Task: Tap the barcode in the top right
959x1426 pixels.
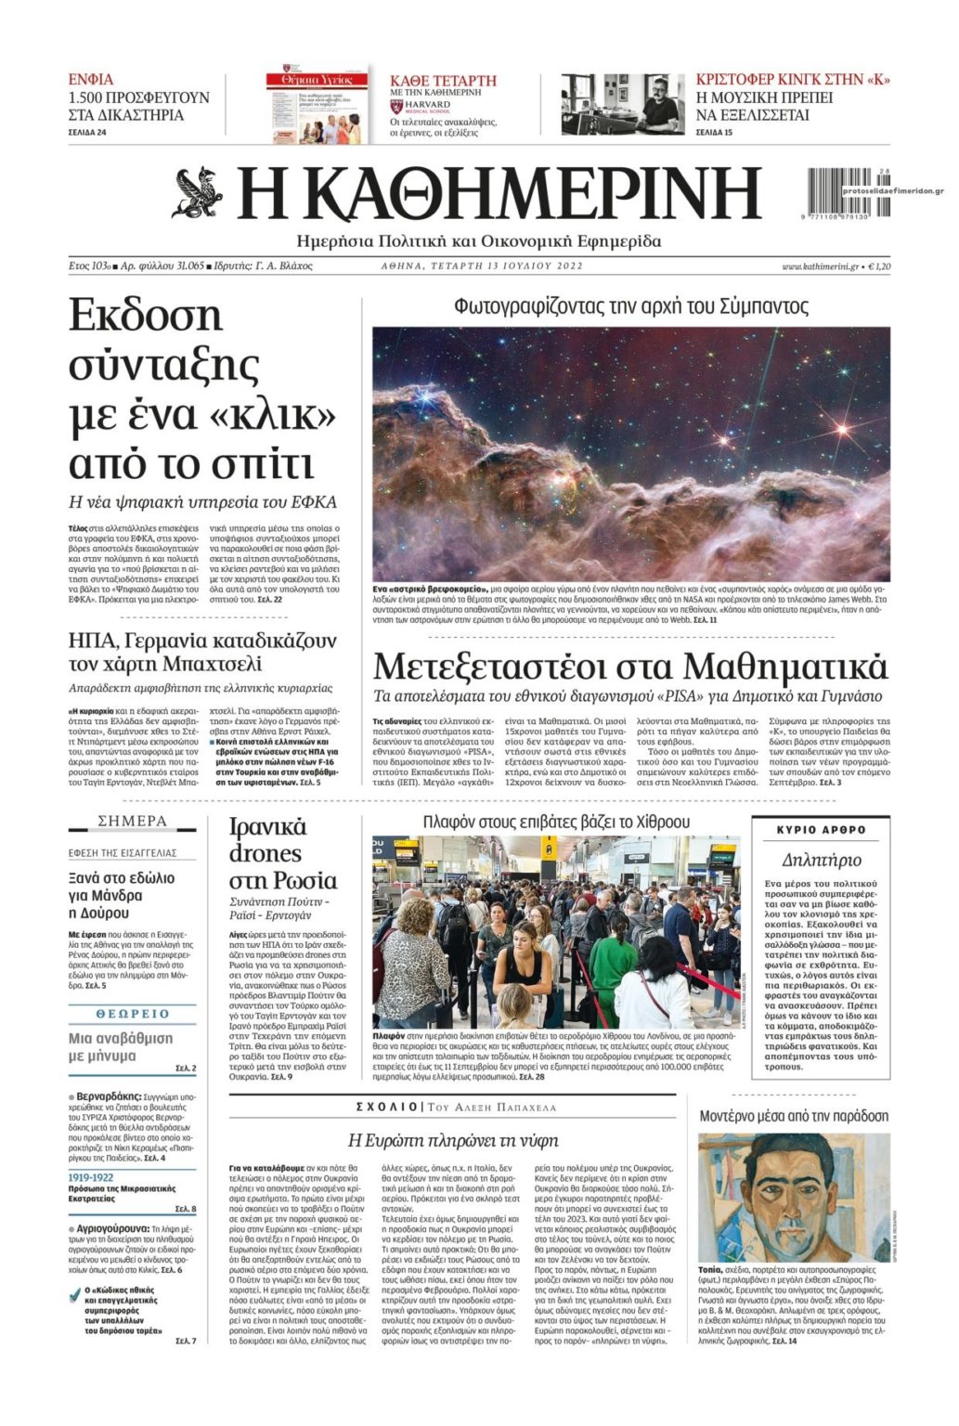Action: coord(837,192)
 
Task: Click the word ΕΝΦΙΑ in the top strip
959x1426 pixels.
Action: coord(91,79)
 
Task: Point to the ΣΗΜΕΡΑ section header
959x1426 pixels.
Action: coord(133,821)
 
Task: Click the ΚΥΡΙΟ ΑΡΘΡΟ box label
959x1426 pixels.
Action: coord(821,829)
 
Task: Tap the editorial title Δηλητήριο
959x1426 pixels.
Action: coord(821,859)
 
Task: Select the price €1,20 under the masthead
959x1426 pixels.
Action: coord(878,266)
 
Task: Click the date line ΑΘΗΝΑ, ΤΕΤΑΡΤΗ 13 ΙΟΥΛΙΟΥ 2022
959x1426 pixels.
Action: coord(482,266)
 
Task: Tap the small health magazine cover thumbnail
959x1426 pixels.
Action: coord(317,104)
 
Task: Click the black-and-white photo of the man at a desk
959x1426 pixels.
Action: coord(622,104)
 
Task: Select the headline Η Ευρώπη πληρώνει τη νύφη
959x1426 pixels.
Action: coord(453,1139)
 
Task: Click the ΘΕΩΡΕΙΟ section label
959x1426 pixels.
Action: coord(133,1013)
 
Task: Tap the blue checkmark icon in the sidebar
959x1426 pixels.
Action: coord(74,1292)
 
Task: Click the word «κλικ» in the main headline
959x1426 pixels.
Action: coord(272,413)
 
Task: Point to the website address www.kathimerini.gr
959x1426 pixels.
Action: coord(821,266)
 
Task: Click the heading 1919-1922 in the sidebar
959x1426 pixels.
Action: coord(91,1177)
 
